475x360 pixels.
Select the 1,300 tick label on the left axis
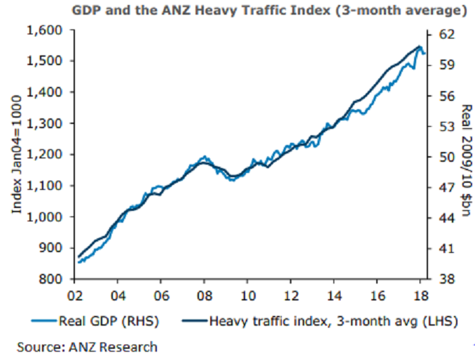[x=45, y=123]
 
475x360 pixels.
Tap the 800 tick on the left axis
[x=53, y=279]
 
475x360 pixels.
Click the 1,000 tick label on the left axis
[x=45, y=216]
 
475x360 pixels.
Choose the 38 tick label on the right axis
[x=447, y=279]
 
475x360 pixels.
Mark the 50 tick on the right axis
[x=447, y=156]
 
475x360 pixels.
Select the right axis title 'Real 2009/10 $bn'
[x=466, y=155]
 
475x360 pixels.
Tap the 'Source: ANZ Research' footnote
[x=88, y=346]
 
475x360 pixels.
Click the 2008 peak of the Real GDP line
[x=205, y=157]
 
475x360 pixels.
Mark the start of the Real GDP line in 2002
[x=78, y=262]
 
